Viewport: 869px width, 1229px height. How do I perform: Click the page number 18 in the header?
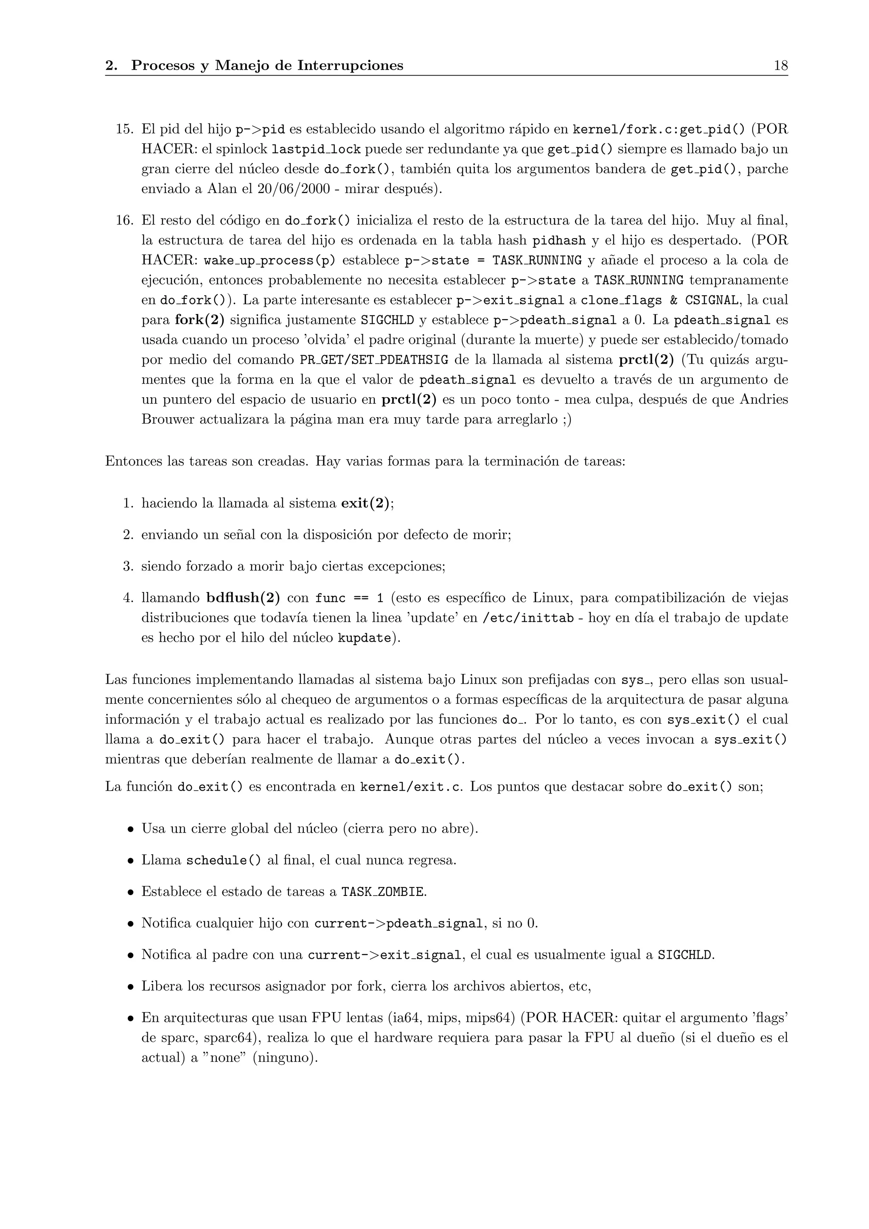pos(780,66)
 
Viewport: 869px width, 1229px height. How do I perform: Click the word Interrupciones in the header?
pos(350,66)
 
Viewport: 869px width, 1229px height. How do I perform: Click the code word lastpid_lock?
pos(316,149)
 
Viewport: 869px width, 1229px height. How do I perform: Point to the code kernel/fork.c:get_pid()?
pos(659,129)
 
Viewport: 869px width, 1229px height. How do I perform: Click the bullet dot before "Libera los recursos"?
pos(130,987)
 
